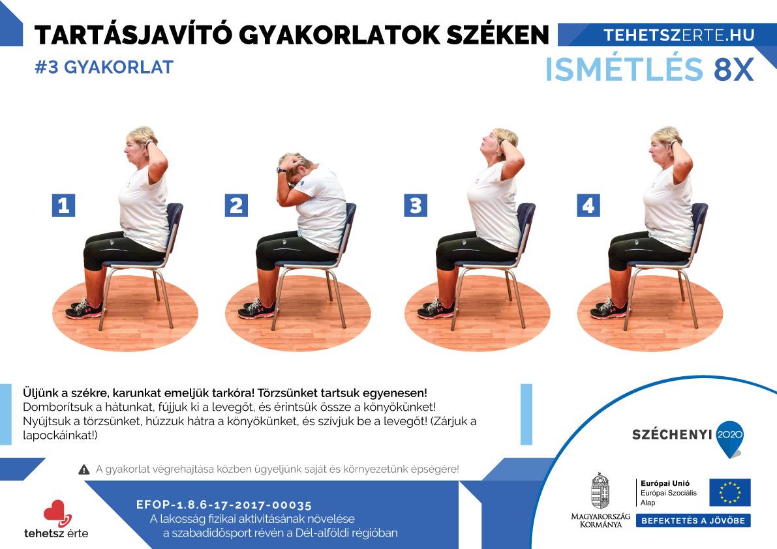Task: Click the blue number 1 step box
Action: point(63,205)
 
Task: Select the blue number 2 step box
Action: point(236,205)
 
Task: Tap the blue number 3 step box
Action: point(416,205)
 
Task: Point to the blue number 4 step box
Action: point(588,205)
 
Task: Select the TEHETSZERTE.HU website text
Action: point(679,35)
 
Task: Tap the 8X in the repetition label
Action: point(734,70)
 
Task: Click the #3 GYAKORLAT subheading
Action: point(104,67)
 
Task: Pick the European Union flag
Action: point(730,492)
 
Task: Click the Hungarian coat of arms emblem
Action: point(600,491)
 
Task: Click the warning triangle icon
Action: point(84,469)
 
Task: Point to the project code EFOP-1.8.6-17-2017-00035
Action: point(224,505)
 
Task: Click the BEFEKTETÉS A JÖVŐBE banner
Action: point(693,521)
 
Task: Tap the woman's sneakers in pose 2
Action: point(256,309)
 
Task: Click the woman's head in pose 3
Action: point(499,143)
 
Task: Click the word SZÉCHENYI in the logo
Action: point(672,435)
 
